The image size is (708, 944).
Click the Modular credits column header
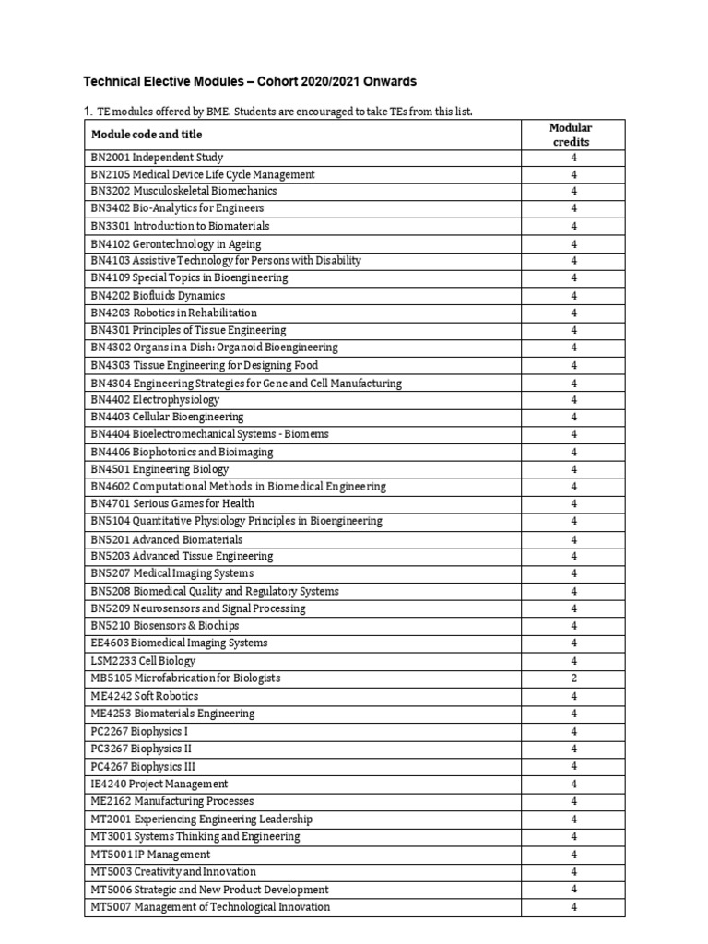click(571, 135)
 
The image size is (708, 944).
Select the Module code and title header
click(147, 135)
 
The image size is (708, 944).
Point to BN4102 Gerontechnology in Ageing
click(176, 244)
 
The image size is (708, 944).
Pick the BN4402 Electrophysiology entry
click(156, 400)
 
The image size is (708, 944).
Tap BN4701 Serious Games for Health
click(172, 503)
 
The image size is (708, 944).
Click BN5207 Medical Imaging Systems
click(172, 573)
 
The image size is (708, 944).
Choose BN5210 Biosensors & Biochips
click(168, 626)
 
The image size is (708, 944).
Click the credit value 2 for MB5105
click(573, 678)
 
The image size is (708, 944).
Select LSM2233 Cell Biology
click(144, 661)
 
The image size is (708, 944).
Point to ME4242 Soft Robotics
click(145, 696)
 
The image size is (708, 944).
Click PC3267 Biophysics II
click(142, 749)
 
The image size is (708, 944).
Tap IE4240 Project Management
click(159, 784)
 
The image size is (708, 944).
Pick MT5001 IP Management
click(151, 855)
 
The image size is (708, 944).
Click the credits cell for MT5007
click(573, 907)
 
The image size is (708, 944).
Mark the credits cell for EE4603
click(573, 643)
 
